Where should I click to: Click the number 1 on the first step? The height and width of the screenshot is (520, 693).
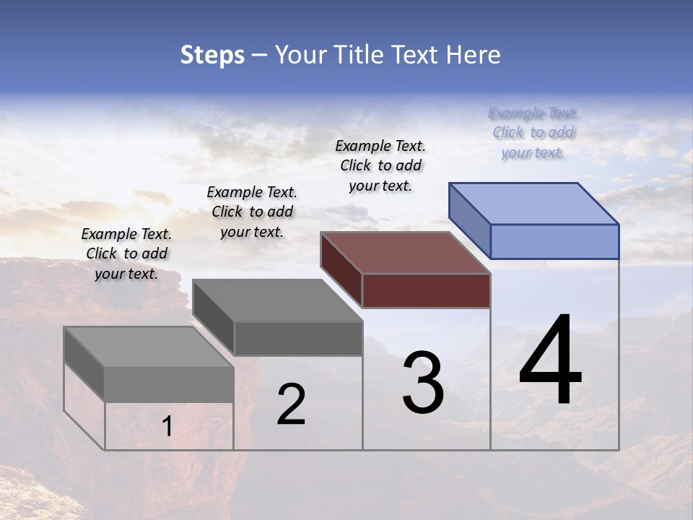point(167,427)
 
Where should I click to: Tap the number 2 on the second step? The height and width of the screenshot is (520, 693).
point(291,404)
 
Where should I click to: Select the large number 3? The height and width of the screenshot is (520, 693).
point(423,383)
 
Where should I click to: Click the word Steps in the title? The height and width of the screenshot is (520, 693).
point(212,55)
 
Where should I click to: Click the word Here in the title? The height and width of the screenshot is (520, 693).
point(474,55)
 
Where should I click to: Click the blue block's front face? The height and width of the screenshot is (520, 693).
point(554,241)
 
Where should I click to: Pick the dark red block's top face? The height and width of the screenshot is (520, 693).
point(405,253)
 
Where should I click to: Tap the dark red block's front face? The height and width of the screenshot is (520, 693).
point(426,290)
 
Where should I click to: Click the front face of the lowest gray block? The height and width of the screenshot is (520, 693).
point(169,384)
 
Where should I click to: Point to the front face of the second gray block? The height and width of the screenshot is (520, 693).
point(298,338)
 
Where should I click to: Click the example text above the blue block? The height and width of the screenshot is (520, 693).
point(533,133)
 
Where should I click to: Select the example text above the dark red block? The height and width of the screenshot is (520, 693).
point(380,165)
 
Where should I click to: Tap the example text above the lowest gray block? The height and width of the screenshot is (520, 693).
point(126,253)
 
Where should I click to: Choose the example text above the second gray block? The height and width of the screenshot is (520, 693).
point(252,212)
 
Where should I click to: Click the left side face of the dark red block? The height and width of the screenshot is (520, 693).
point(341,269)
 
